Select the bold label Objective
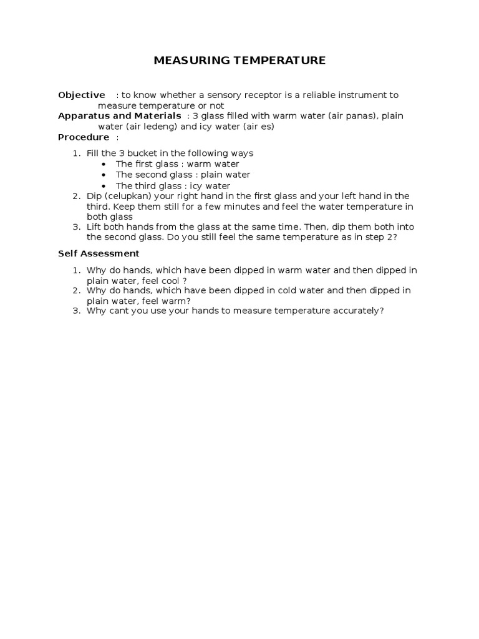[x=82, y=95]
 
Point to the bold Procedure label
[x=84, y=137]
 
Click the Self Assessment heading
[x=99, y=253]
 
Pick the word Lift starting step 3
[x=94, y=227]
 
